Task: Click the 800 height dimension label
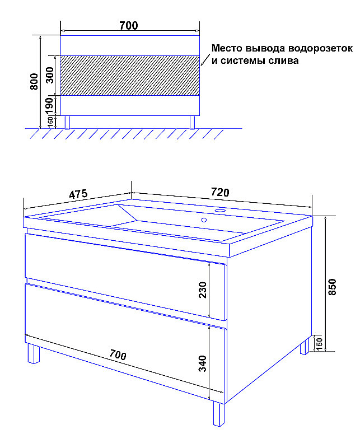coord(34,81)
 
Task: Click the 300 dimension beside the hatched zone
coord(50,75)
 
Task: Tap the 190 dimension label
coord(49,105)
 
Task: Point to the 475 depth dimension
coord(78,194)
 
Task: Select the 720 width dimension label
coord(220,192)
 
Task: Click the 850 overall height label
coord(332,287)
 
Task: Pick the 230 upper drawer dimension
coord(203,290)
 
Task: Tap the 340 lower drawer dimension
coord(203,363)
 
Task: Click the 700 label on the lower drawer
coord(118,355)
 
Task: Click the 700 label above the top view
coord(129,25)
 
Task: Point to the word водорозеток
coord(320,48)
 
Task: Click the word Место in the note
coord(227,48)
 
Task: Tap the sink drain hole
coord(204,220)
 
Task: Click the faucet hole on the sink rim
coord(220,211)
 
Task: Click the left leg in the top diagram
coord(67,123)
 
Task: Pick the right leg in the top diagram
coord(192,123)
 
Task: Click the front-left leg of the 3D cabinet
coord(34,354)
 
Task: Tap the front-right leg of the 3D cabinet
coord(219,414)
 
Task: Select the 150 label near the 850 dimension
coord(320,343)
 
